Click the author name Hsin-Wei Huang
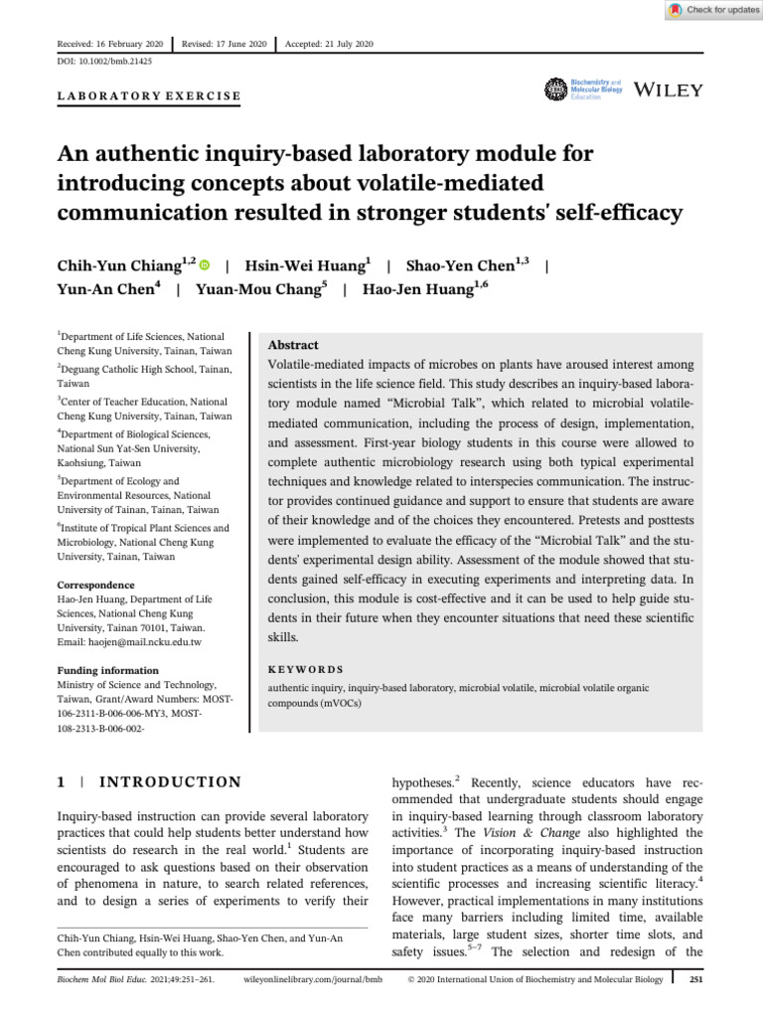click(x=304, y=265)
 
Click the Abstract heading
click(x=294, y=345)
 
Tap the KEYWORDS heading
click(x=306, y=670)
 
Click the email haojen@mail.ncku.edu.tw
click(x=144, y=642)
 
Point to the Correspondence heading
click(x=95, y=586)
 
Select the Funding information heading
click(x=107, y=671)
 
